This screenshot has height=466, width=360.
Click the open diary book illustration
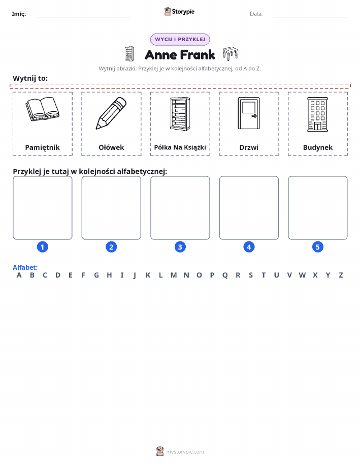point(43,109)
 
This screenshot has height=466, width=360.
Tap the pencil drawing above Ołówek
point(111,113)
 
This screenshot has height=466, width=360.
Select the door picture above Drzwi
point(249,113)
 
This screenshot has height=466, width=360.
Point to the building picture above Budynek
point(317,114)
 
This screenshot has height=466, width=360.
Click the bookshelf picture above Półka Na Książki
point(180,114)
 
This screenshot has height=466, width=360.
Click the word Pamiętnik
point(43,147)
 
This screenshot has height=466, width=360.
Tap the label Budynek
point(318,147)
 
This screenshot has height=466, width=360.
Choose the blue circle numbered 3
point(180,247)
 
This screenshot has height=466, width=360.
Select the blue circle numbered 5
point(317,247)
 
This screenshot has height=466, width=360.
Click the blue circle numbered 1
point(43,247)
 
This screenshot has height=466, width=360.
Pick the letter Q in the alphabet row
point(225,275)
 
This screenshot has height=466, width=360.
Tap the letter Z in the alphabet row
point(341,275)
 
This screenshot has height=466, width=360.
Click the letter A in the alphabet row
point(19,275)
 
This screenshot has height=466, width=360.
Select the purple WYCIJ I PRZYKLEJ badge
point(180,39)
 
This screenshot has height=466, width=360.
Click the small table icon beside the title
point(230,53)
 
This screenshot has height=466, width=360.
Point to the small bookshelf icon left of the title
point(129,54)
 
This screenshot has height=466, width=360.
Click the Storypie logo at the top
point(179,12)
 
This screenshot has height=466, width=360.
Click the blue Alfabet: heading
point(25,267)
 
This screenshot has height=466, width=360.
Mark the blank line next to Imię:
point(83,17)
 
